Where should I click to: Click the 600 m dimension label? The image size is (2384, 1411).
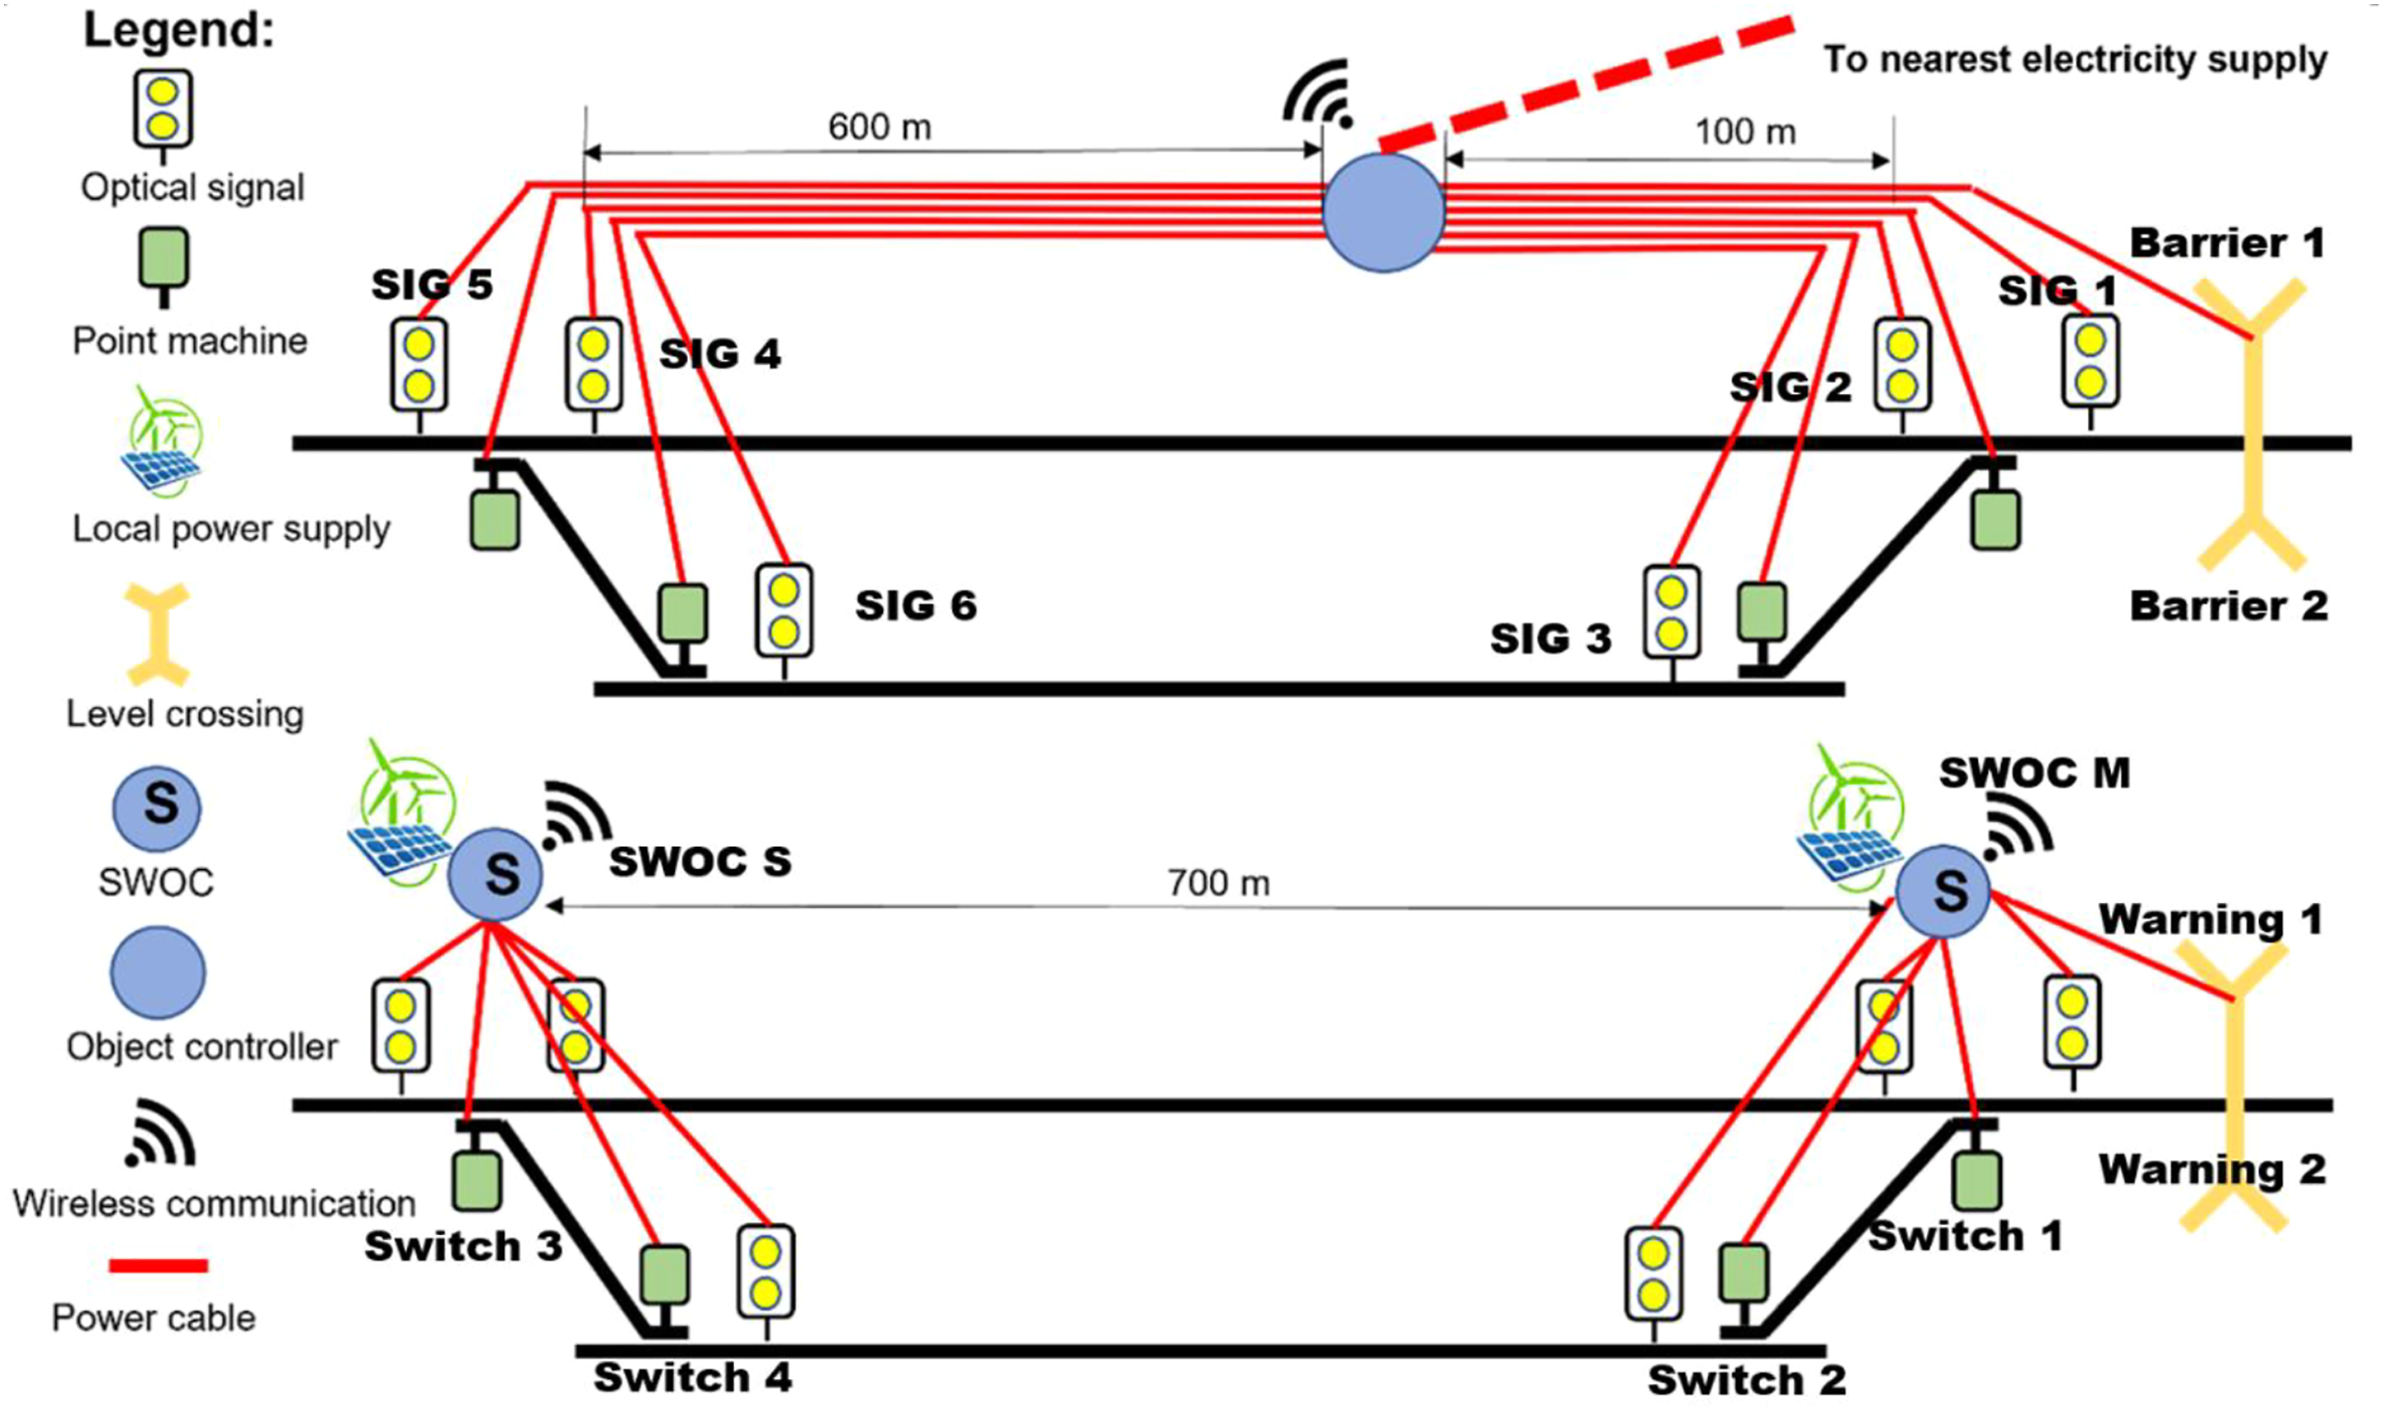click(x=880, y=127)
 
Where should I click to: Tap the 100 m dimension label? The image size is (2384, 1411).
click(x=1745, y=132)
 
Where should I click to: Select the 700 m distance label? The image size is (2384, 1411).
click(x=1218, y=883)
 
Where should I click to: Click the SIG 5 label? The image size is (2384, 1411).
click(x=432, y=285)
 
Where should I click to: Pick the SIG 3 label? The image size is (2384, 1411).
click(x=1550, y=638)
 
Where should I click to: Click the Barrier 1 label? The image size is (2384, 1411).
click(x=2226, y=243)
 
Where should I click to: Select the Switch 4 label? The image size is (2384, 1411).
click(x=693, y=1376)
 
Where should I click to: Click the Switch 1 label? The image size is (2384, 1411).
click(x=1966, y=1236)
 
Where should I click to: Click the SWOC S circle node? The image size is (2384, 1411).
click(x=495, y=874)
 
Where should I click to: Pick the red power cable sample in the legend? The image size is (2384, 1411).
click(x=159, y=1265)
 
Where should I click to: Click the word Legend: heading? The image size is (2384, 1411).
click(x=178, y=30)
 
